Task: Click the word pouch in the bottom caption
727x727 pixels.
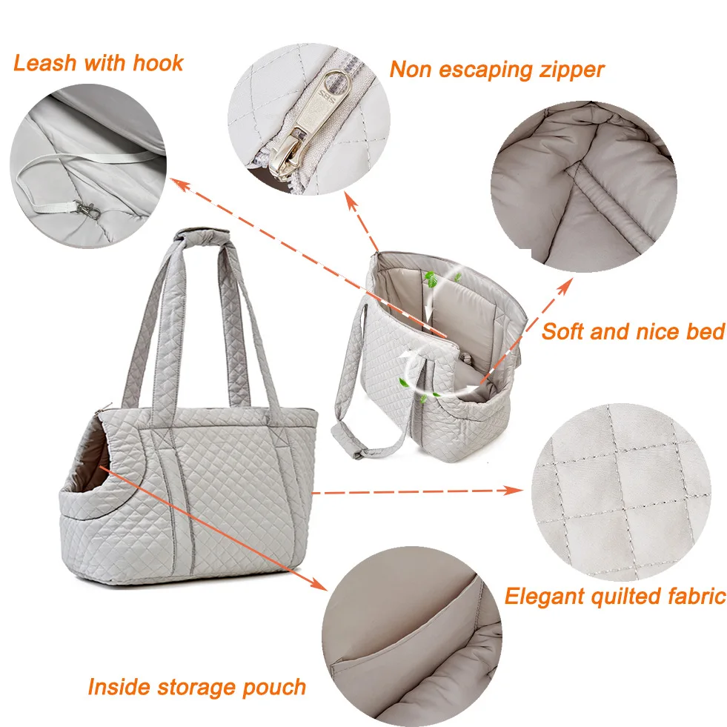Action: [273, 686]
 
